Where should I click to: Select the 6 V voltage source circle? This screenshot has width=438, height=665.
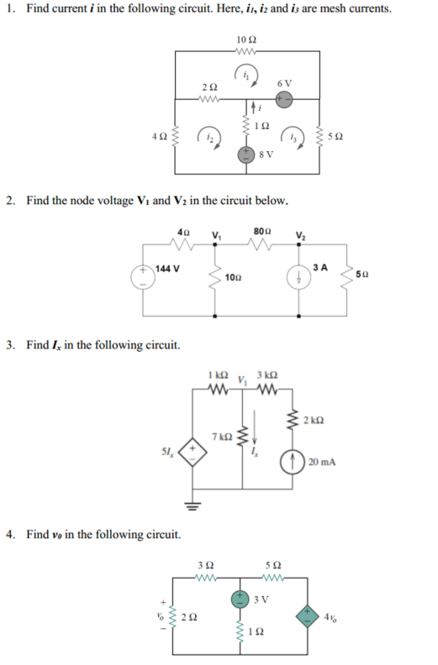284,98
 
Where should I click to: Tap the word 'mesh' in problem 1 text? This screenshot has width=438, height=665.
349,8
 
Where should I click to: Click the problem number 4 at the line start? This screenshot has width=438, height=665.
9,533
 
